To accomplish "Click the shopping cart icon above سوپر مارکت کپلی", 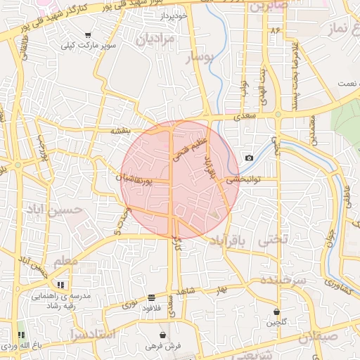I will click(x=87, y=35).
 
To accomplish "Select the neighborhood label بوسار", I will click(x=197, y=62).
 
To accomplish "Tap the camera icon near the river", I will click(x=249, y=157).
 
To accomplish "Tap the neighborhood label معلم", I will click(x=75, y=261).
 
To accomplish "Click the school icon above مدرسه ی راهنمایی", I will click(x=60, y=284).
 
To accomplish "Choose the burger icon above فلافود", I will click(x=152, y=297).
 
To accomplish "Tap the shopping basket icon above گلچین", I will click(x=277, y=311).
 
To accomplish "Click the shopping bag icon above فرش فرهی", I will click(x=163, y=335).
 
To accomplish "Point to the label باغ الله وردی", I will click(x=18, y=346).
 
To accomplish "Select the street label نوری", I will click(x=131, y=304).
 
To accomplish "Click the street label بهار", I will click(x=223, y=289).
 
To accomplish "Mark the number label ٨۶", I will click(x=273, y=31).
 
